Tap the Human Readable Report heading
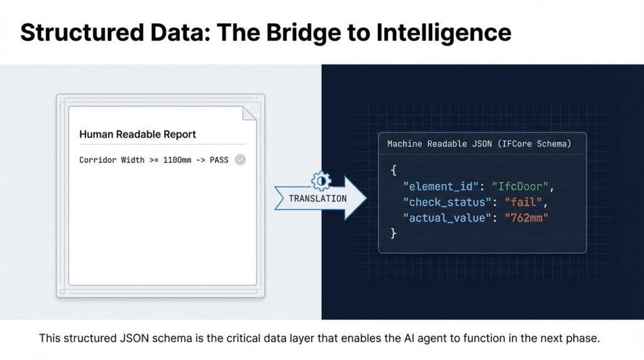click(138, 134)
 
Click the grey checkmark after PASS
click(240, 160)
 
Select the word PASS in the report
click(219, 160)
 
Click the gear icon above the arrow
click(320, 180)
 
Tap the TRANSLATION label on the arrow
click(318, 198)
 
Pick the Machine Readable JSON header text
click(479, 144)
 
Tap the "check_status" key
click(443, 202)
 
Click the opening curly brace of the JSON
click(394, 171)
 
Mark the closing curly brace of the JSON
click(394, 233)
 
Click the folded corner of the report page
click(250, 113)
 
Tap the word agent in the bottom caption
click(429, 338)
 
